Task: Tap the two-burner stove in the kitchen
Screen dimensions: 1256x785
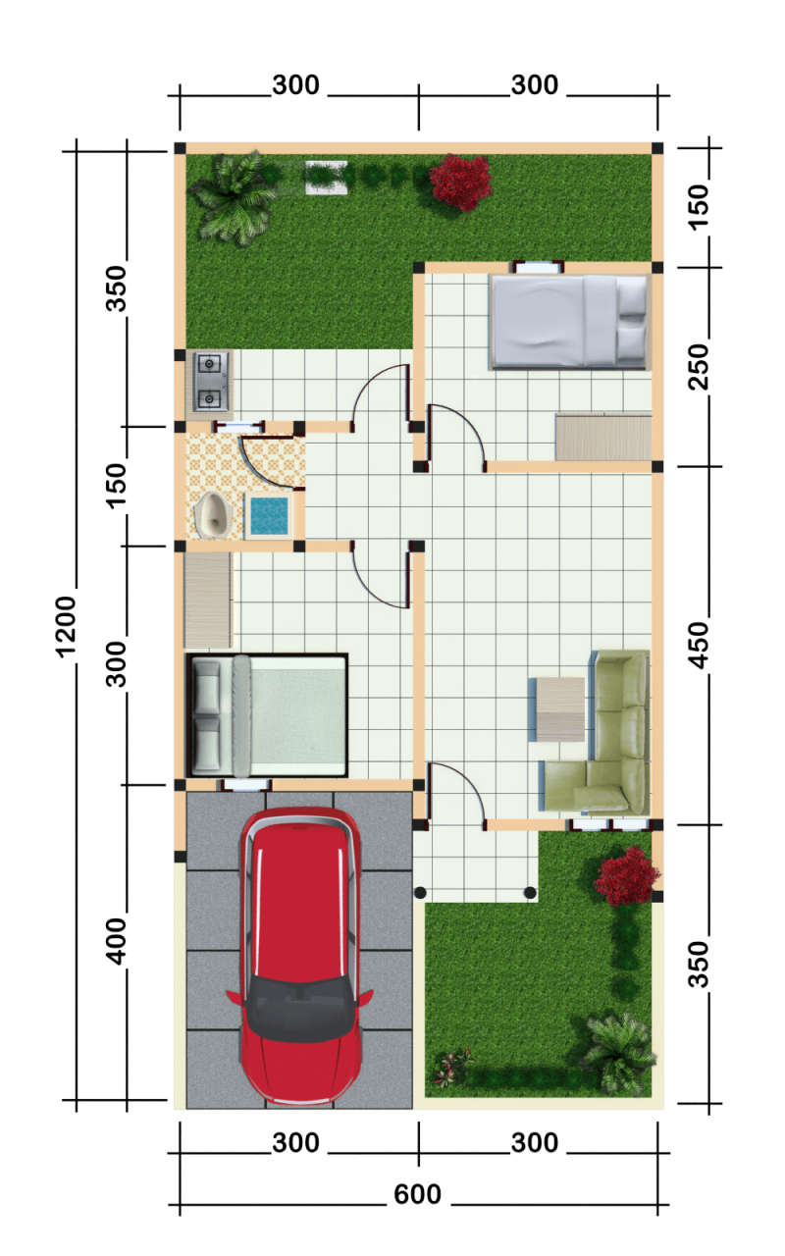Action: point(210,382)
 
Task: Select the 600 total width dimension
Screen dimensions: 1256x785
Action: point(417,1194)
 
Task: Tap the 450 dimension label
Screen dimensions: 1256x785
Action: point(698,645)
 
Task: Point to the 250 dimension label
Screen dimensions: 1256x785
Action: point(698,366)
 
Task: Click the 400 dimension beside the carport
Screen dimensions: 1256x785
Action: point(116,940)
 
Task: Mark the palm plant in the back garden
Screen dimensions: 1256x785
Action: point(234,194)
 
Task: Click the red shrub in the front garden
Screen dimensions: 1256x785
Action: point(625,875)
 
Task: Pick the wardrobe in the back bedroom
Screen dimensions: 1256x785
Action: point(602,437)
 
